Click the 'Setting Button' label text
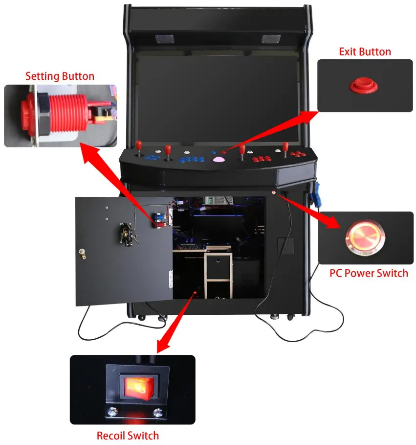point(60,76)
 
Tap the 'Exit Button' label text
point(365,52)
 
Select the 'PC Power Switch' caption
point(369,273)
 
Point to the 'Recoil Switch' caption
point(128,435)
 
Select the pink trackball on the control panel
point(218,159)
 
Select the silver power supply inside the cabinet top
point(216,200)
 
